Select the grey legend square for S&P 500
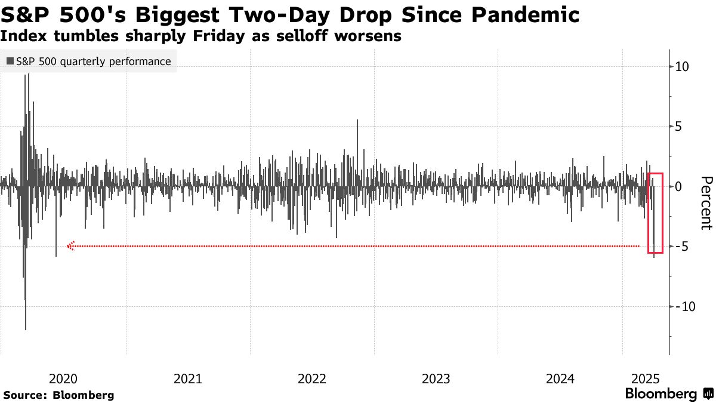coord(10,61)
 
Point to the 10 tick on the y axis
coord(683,67)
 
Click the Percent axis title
coord(706,203)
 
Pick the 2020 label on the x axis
coord(63,378)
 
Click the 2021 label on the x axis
coord(187,378)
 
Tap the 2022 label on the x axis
coord(311,378)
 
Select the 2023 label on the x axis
coord(436,378)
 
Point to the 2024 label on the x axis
coord(560,378)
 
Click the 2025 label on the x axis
coord(644,378)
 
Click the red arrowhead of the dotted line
coord(70,246)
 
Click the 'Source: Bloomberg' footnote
coord(58,395)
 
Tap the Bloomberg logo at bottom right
coord(668,394)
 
